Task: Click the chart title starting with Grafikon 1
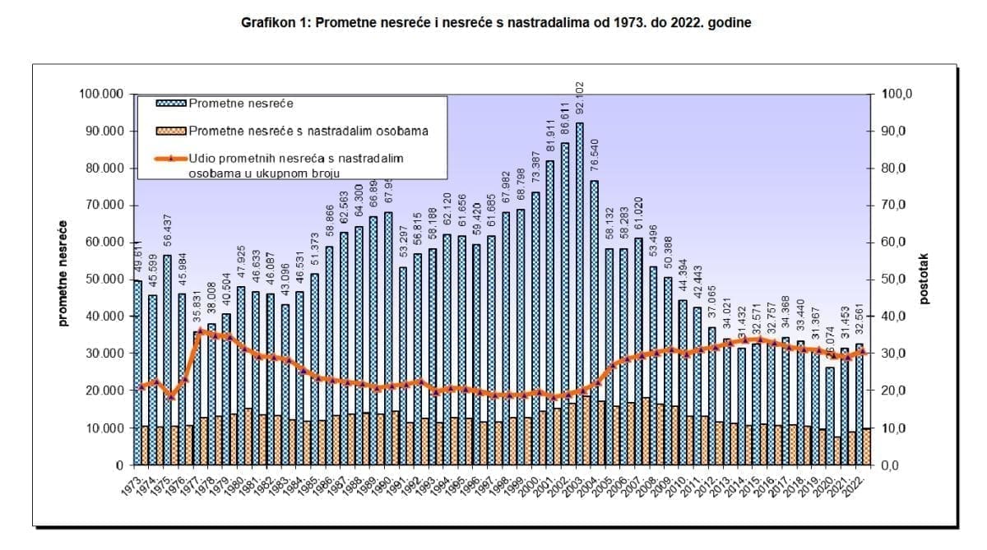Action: point(495,24)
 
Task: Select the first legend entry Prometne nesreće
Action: point(241,104)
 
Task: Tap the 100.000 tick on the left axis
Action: point(102,95)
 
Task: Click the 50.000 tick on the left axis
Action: point(105,280)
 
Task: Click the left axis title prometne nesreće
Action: point(63,273)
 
